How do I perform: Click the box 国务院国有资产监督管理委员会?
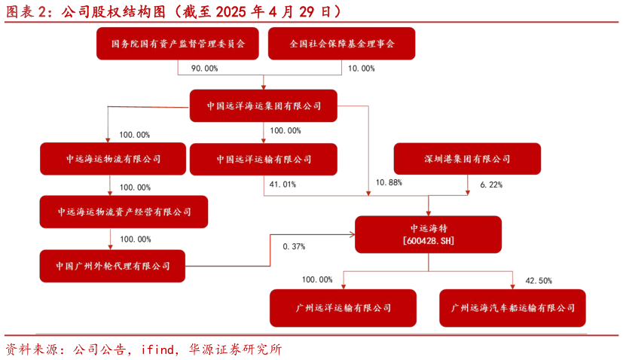[x=178, y=44]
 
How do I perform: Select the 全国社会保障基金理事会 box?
[x=342, y=44]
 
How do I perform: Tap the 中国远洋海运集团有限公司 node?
[x=264, y=106]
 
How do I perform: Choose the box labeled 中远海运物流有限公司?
[x=113, y=159]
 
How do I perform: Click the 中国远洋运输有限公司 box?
[x=264, y=159]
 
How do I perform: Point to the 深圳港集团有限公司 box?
[x=467, y=159]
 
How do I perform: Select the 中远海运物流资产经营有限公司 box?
[x=124, y=212]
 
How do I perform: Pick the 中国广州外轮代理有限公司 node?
[x=113, y=266]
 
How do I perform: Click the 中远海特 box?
[x=429, y=227]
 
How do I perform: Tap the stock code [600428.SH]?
[x=429, y=241]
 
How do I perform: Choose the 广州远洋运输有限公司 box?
[x=344, y=308]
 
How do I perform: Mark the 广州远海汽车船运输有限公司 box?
[x=513, y=308]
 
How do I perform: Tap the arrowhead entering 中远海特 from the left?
[x=352, y=234]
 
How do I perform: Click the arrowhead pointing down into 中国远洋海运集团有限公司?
[x=264, y=87]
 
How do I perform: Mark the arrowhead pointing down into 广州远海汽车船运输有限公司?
[x=513, y=286]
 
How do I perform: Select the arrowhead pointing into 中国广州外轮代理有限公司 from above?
[x=111, y=246]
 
